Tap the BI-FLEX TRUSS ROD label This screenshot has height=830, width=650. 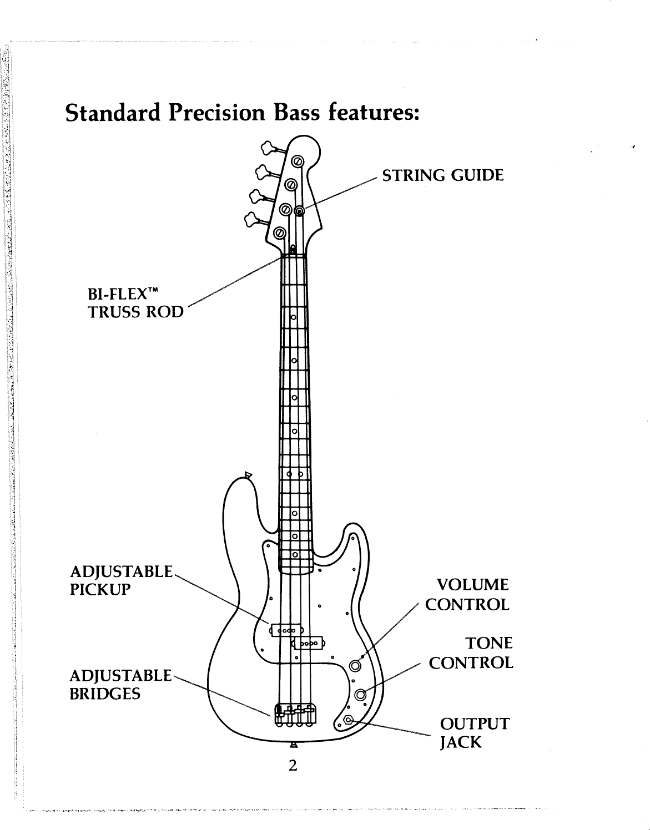[x=135, y=302]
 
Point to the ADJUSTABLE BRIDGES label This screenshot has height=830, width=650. [x=121, y=685]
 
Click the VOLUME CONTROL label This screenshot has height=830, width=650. [x=466, y=594]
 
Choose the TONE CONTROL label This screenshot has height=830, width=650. [x=471, y=653]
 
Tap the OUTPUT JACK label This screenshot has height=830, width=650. [x=473, y=733]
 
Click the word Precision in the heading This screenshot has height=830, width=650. [x=217, y=113]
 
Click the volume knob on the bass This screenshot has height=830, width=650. [x=356, y=665]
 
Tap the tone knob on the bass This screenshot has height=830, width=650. [x=361, y=694]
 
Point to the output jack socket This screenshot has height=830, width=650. [x=348, y=720]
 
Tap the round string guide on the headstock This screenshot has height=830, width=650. [x=300, y=211]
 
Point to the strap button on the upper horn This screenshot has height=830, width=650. [x=248, y=475]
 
